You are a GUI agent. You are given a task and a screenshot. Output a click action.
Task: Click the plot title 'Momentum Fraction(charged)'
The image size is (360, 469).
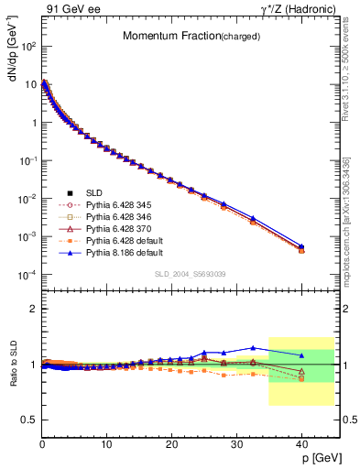(x=183, y=37)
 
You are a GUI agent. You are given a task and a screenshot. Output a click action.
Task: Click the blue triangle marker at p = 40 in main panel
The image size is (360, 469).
(x=301, y=246)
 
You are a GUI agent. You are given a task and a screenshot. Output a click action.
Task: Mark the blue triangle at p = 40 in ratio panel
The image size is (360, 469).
(x=301, y=355)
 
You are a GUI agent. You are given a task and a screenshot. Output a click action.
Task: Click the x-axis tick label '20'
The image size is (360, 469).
(x=171, y=443)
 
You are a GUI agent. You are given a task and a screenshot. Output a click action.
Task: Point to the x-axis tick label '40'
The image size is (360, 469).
(x=301, y=443)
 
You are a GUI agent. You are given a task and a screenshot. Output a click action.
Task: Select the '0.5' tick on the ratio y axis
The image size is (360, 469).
(x=28, y=420)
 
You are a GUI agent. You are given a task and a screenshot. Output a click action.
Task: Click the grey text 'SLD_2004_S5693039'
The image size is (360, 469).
(x=189, y=274)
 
